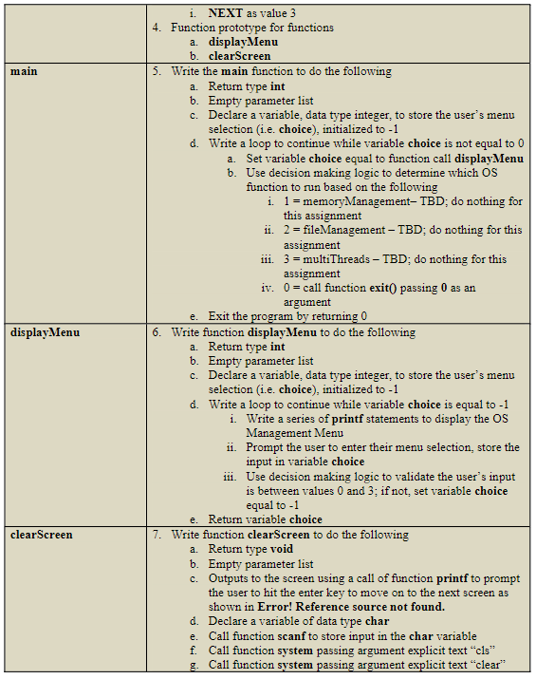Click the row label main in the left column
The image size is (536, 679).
pyautogui.click(x=23, y=71)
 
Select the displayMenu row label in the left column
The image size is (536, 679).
pyautogui.click(x=45, y=332)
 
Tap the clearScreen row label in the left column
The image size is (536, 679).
pyautogui.click(x=41, y=535)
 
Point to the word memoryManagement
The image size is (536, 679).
pyautogui.click(x=345, y=202)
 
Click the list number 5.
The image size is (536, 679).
pyautogui.click(x=157, y=71)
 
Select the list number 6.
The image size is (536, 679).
pyautogui.click(x=157, y=332)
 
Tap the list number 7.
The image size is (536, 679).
pyautogui.click(x=157, y=535)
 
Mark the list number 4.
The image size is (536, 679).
pyautogui.click(x=157, y=28)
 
